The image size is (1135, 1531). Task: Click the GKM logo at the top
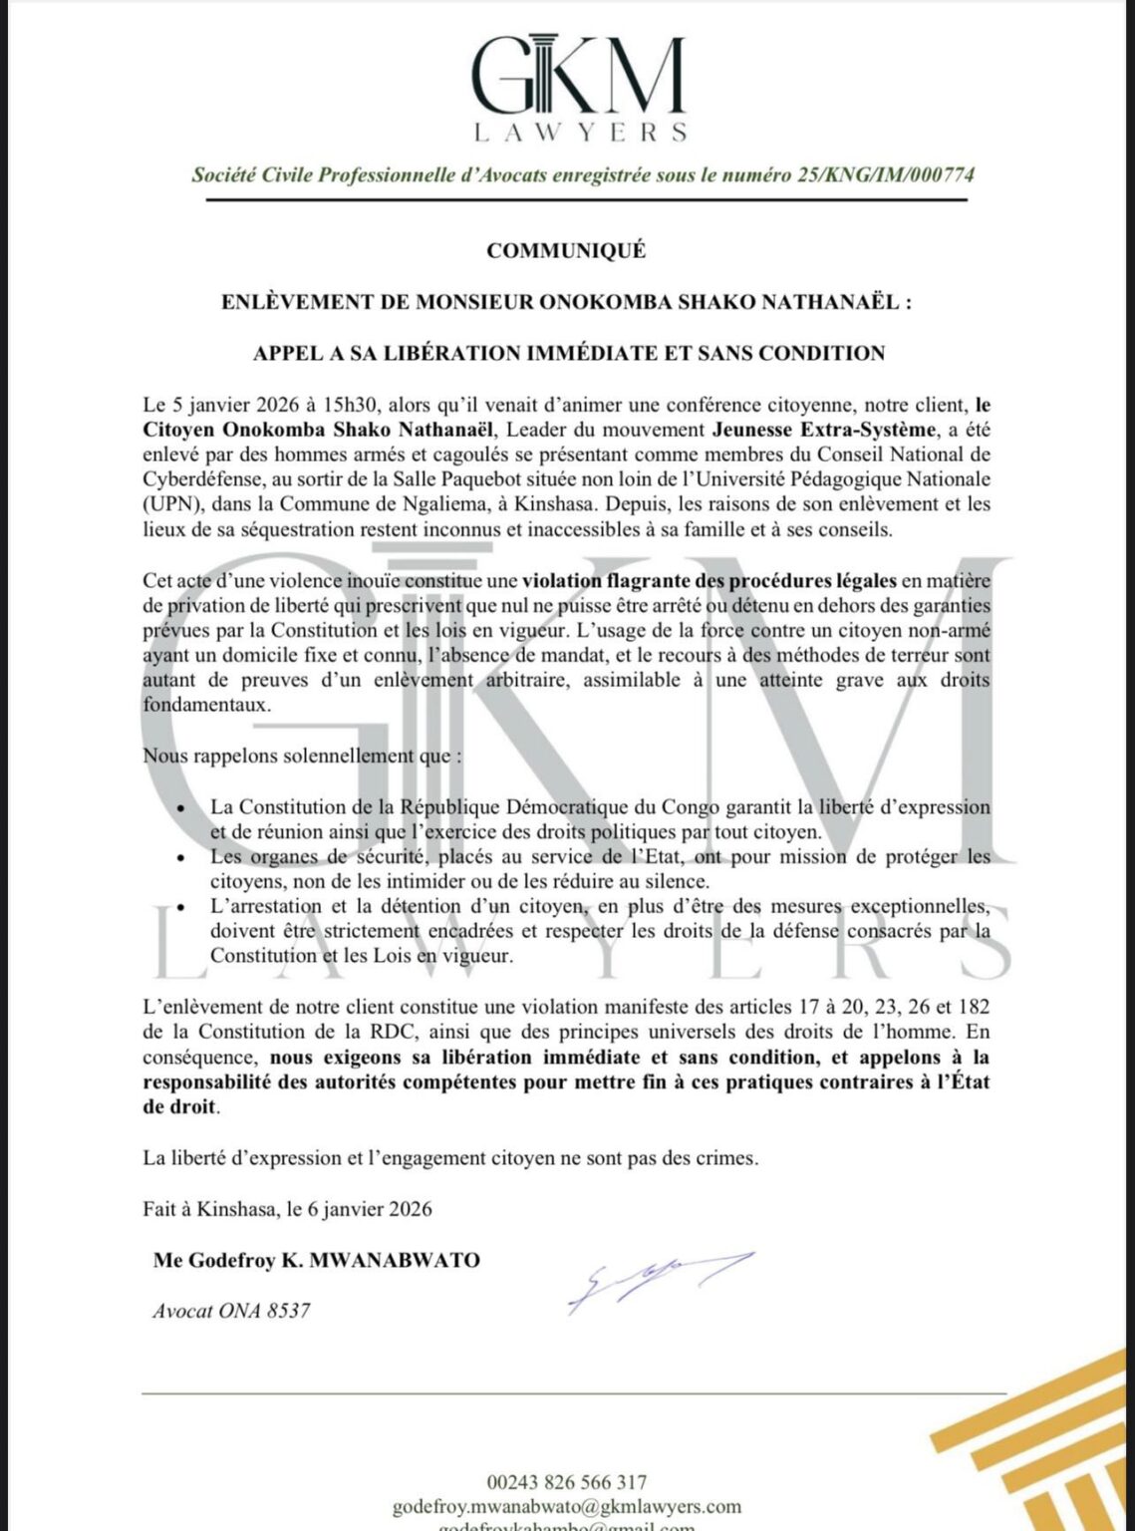[578, 75]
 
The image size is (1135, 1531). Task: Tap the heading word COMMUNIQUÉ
[566, 251]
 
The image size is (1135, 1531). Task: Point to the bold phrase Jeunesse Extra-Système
[824, 431]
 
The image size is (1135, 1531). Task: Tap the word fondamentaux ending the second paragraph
[206, 705]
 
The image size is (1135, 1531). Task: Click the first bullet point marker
[180, 808]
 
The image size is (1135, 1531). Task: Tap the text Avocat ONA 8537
[231, 1312]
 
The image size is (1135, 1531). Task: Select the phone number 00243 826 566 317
[566, 1483]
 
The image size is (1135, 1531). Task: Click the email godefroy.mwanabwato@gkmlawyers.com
[566, 1506]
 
